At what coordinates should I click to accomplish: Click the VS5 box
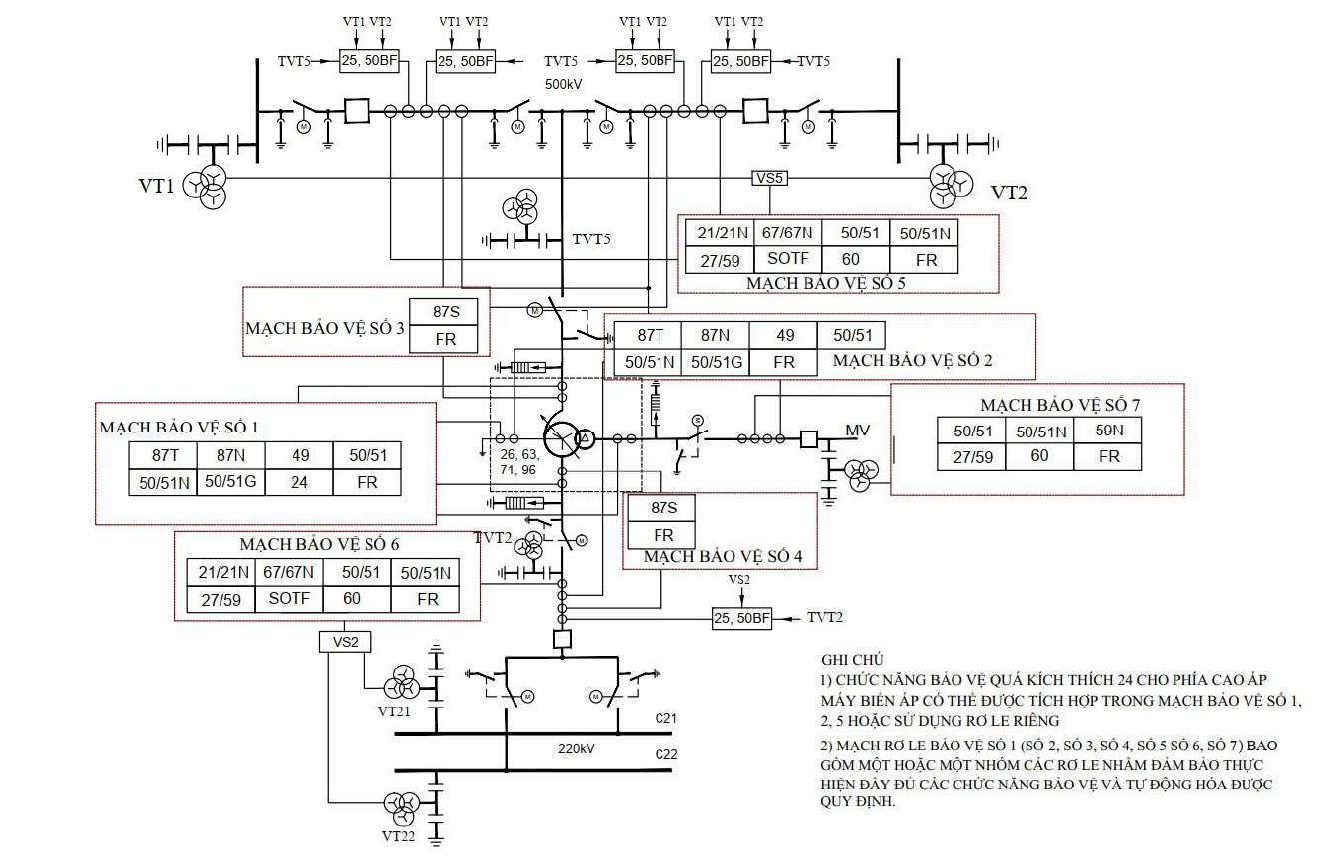coord(769,178)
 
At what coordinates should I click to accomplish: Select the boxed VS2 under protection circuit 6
coord(345,642)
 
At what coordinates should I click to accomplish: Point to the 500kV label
coord(563,84)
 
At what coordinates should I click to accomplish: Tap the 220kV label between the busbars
coord(576,749)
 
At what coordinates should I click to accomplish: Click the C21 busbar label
coord(665,718)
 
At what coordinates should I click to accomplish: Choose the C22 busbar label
coord(666,754)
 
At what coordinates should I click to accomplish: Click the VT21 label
coord(394,712)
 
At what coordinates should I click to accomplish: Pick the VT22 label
coord(398,836)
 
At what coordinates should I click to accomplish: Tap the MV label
coord(857,431)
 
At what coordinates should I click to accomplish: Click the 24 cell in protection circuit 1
coord(299,482)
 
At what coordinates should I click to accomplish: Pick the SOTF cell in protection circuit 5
coord(787,259)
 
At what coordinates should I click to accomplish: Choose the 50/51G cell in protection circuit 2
coord(715,362)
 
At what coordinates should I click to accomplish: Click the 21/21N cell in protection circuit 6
coord(222,572)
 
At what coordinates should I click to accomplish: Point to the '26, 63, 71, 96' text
coord(519,462)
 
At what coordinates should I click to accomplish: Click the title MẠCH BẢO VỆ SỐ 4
coord(723,557)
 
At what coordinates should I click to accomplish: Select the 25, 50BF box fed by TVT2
coord(741,618)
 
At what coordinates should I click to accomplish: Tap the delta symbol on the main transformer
coord(585,438)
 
